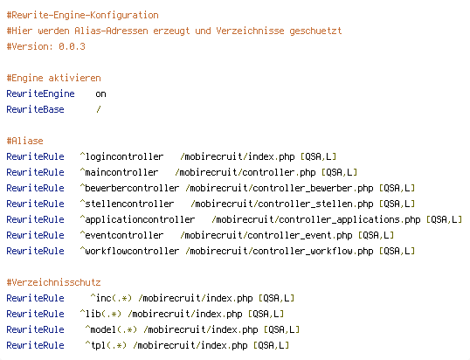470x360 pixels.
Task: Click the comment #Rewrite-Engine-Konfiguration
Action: pyautogui.click(x=82, y=15)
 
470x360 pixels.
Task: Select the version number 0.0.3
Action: pyautogui.click(x=72, y=46)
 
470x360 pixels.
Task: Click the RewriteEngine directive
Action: pyautogui.click(x=40, y=93)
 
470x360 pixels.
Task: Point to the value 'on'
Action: pyautogui.click(x=100, y=94)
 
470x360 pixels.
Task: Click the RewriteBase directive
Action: pyautogui.click(x=35, y=109)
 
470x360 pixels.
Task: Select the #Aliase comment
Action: pyautogui.click(x=24, y=141)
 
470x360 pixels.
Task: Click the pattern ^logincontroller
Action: pyautogui.click(x=121, y=156)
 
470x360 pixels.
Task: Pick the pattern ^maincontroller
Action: pyautogui.click(x=119, y=172)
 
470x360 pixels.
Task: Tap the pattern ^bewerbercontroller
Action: pyautogui.click(x=129, y=188)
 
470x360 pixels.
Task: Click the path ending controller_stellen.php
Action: pyautogui.click(x=282, y=204)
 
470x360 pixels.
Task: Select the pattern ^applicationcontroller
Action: pyautogui.click(x=137, y=219)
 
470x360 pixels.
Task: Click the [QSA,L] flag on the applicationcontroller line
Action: pyautogui.click(x=444, y=219)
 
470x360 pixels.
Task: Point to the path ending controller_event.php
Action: pyautogui.click(x=266, y=235)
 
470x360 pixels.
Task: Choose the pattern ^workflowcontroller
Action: pyautogui.click(x=129, y=251)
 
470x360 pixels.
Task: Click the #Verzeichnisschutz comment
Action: pyautogui.click(x=53, y=282)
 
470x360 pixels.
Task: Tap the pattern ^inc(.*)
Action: pyautogui.click(x=111, y=298)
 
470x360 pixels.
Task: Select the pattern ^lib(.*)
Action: pyautogui.click(x=100, y=314)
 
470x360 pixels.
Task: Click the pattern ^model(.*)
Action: pyautogui.click(x=111, y=329)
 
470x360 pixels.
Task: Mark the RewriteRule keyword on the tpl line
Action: pyautogui.click(x=35, y=345)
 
